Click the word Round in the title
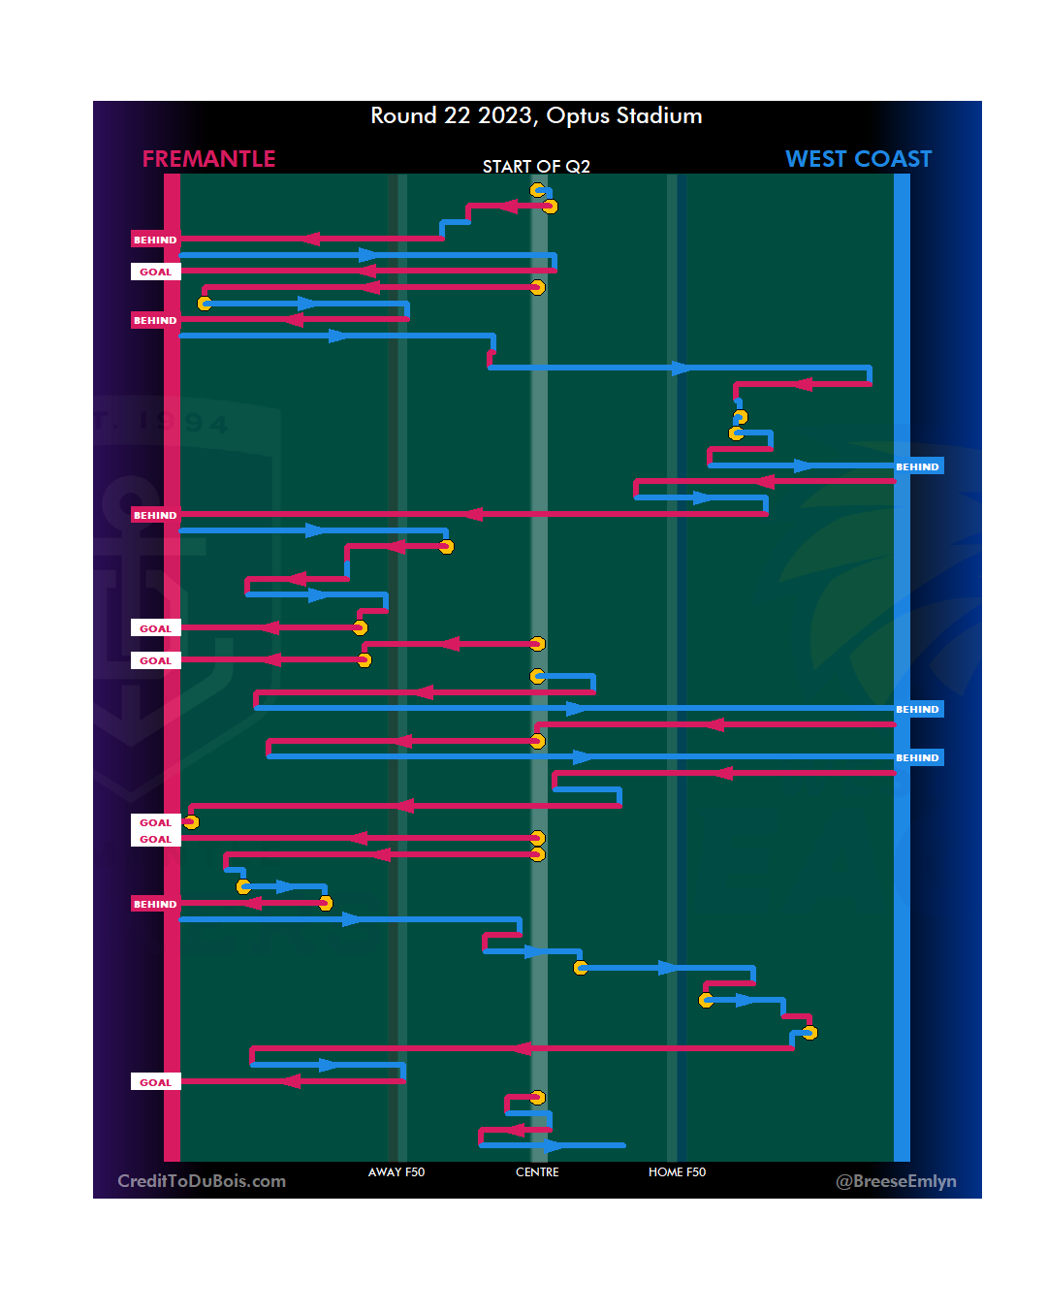pyautogui.click(x=403, y=116)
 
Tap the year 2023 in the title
pyautogui.click(x=505, y=116)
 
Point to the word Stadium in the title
pyautogui.click(x=659, y=116)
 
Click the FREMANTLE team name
pyautogui.click(x=208, y=159)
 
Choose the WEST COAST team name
pyautogui.click(x=858, y=159)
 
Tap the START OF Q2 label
pyautogui.click(x=536, y=167)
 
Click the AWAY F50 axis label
pyautogui.click(x=397, y=1172)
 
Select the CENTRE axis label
pyautogui.click(x=537, y=1172)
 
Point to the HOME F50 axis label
pyautogui.click(x=677, y=1172)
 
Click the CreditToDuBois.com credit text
pyautogui.click(x=202, y=1181)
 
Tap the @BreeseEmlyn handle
pyautogui.click(x=896, y=1181)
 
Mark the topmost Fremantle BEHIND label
pyautogui.click(x=155, y=240)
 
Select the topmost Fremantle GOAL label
pyautogui.click(x=155, y=272)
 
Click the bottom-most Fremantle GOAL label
pyautogui.click(x=155, y=1082)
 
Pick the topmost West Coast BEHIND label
pyautogui.click(x=917, y=466)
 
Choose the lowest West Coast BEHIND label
pyautogui.click(x=917, y=757)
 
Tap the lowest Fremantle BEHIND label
pyautogui.click(x=155, y=904)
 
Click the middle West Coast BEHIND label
pyautogui.click(x=917, y=709)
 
